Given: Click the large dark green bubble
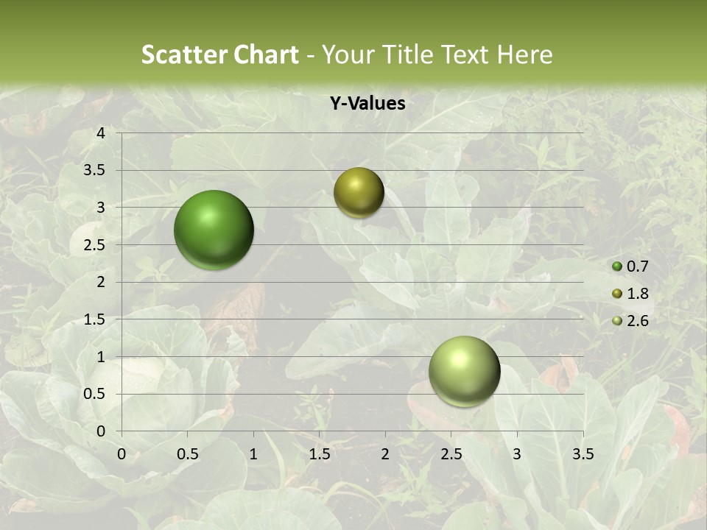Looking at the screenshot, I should pos(214,230).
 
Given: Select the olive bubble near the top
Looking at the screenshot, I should pos(359,192).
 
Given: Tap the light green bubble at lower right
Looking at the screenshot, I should pos(464,371).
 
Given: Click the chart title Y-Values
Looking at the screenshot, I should pos(367,104).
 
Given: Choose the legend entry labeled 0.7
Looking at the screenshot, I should pos(630,266).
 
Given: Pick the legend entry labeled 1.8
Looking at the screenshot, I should pos(630,294).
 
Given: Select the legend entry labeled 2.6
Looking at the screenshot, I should pos(630,321).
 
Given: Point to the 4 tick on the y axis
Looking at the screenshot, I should pos(101,133).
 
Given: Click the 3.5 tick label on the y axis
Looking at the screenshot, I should pos(95,170).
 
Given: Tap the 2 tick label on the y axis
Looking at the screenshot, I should pos(101,282).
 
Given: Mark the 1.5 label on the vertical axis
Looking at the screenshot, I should pos(95,319).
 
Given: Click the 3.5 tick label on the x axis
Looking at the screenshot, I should pos(583,454).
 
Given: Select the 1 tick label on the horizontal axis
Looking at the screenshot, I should pos(253,454).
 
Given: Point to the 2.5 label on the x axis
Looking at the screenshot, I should pos(451,454).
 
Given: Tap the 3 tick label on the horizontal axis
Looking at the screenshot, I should pos(517,454).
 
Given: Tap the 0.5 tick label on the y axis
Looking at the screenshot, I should pos(95,394).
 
